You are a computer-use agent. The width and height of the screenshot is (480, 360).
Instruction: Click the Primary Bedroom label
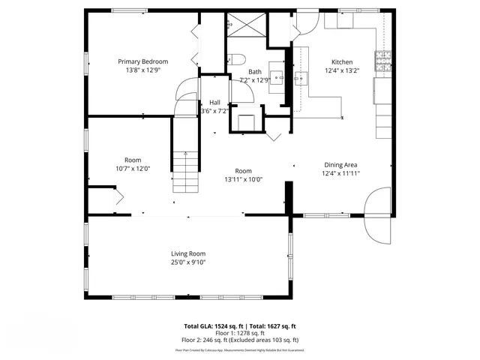(x=142, y=61)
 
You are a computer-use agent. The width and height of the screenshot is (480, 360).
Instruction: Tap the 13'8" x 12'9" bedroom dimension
(x=142, y=70)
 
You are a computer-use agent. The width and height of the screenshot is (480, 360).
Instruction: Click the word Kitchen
(x=342, y=62)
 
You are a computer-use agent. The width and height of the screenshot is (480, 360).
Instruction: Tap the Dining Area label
(x=340, y=165)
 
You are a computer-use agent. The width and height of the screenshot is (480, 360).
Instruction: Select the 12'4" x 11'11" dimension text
(x=342, y=173)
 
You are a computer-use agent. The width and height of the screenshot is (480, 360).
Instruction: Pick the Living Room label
(x=187, y=253)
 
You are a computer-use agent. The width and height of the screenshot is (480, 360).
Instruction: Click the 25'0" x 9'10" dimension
(x=187, y=262)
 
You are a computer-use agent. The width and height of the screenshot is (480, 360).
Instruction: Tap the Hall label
(x=214, y=102)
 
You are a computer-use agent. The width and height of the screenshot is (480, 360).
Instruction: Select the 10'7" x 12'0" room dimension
(x=133, y=169)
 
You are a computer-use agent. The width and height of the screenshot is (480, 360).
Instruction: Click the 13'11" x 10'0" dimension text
(x=243, y=179)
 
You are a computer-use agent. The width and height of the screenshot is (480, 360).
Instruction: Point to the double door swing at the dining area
(x=376, y=214)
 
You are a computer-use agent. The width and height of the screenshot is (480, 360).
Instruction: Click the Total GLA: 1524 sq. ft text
(x=213, y=326)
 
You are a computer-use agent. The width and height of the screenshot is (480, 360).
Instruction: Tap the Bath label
(x=255, y=71)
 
